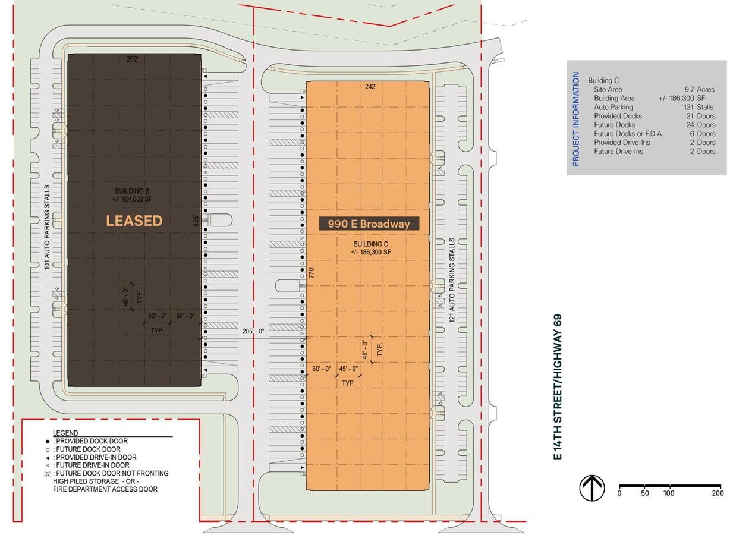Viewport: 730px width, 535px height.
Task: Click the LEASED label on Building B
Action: tap(134, 221)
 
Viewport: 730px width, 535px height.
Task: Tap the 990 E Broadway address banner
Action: tap(369, 224)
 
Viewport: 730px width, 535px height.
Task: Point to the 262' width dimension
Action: tap(133, 59)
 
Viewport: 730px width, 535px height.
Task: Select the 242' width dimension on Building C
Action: tap(370, 87)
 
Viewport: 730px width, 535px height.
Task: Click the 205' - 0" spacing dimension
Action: tap(253, 331)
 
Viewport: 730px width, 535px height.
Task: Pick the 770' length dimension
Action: tap(311, 272)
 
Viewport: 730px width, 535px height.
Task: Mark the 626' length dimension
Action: tap(196, 221)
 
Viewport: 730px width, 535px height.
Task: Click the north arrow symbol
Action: tap(592, 488)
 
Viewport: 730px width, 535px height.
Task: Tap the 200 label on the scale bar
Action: tap(718, 493)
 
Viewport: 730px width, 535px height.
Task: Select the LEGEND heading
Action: tap(65, 433)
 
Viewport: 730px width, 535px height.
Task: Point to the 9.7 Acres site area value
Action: tap(699, 90)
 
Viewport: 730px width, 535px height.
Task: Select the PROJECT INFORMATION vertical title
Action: tap(576, 119)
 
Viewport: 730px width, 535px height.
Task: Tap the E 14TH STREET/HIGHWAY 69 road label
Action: tap(558, 387)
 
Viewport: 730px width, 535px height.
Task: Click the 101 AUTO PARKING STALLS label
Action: tap(47, 227)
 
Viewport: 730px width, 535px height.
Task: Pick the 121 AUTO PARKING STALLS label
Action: tap(452, 280)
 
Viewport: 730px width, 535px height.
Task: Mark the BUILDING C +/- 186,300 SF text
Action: tap(371, 248)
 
